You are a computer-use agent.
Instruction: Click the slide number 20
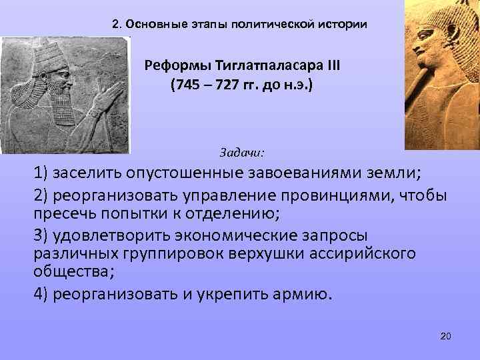click(x=446, y=335)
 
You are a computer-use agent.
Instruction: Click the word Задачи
click(x=241, y=153)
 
